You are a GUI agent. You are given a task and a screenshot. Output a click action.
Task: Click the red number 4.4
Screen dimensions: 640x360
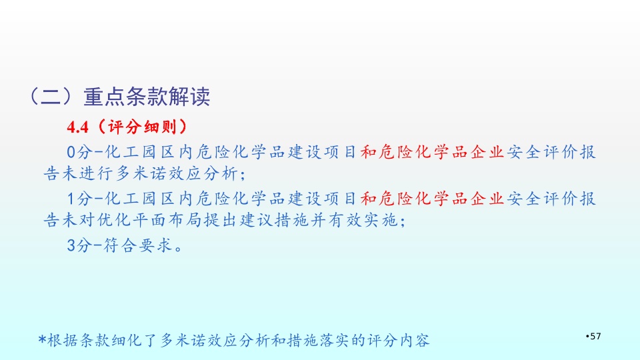(77, 127)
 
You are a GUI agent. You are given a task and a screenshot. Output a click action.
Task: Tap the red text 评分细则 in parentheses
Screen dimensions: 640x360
(143, 127)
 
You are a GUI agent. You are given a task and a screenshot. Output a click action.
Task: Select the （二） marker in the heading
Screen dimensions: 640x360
(51, 97)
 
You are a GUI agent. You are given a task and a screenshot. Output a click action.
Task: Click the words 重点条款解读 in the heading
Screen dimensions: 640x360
(147, 97)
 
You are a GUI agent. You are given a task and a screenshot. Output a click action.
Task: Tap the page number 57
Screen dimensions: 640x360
(595, 336)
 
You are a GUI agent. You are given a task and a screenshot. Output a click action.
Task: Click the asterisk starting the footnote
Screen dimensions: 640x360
(42, 339)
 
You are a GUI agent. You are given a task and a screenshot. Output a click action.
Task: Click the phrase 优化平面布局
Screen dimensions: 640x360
(149, 221)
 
